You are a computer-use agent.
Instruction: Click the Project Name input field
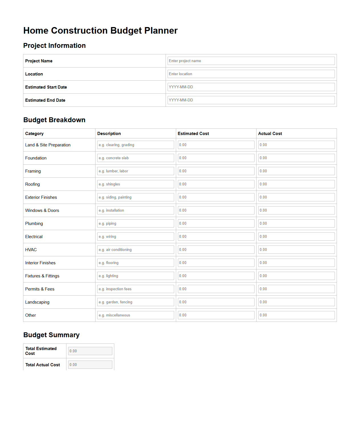251,61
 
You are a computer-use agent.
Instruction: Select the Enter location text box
251,74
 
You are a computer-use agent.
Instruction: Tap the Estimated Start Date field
251,87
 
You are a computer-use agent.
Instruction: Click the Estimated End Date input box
251,100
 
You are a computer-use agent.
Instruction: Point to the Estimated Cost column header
193,134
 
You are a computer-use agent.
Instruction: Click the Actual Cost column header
270,134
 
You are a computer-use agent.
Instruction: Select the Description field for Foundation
135,158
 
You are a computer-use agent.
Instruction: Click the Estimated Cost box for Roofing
216,184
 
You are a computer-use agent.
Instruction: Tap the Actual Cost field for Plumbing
296,223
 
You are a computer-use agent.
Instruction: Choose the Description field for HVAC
135,249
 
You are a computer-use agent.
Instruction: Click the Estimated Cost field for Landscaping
216,302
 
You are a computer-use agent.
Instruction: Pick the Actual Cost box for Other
296,315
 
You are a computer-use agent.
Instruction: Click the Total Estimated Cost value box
90,351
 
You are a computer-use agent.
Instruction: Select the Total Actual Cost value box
90,365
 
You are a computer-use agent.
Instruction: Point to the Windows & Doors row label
42,210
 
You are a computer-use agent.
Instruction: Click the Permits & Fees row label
40,289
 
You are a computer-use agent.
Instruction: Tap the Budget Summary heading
51,335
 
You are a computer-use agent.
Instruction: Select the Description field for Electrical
135,236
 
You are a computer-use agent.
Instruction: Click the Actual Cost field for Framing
296,171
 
